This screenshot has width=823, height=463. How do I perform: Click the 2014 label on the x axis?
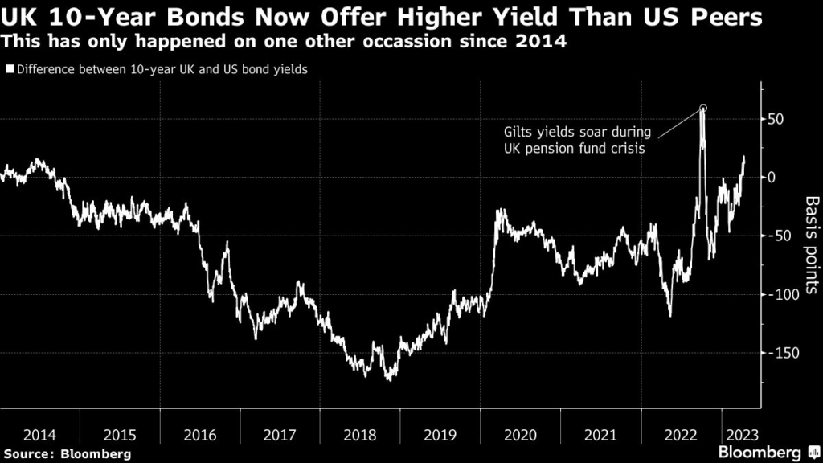coord(39,435)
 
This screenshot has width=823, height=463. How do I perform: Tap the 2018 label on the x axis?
coord(360,435)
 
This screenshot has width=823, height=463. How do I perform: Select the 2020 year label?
coord(520,435)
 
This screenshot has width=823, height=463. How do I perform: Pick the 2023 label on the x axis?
coord(740,435)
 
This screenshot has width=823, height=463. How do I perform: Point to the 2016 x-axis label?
coord(200,435)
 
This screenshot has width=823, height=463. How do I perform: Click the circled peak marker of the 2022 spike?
coord(703,108)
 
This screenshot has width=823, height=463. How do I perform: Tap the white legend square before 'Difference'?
coord(9,69)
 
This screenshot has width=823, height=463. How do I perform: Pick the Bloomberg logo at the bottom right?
coord(759,453)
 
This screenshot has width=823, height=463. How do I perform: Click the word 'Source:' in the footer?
coord(29,454)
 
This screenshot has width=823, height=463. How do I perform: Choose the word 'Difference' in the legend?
coord(45,69)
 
